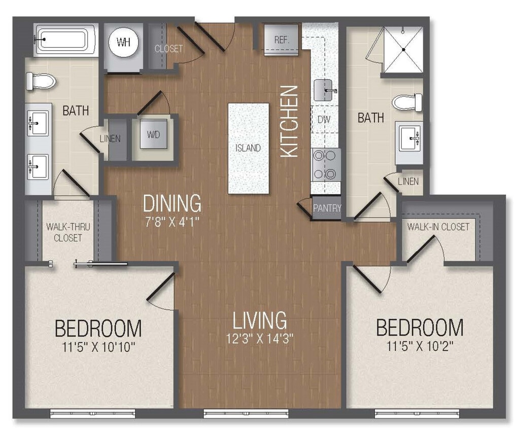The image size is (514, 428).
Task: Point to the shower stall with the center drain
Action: [403, 50]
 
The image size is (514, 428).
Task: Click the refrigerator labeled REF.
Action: [282, 40]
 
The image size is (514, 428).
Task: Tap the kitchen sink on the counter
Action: [325, 91]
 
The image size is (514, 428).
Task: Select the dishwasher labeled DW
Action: [324, 120]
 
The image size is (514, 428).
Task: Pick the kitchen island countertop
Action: [248, 148]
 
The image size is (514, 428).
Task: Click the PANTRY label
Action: [327, 208]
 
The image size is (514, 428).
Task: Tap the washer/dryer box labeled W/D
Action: [152, 135]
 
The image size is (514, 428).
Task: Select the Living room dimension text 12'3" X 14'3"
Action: [260, 339]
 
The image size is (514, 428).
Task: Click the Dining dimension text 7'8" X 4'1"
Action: [172, 221]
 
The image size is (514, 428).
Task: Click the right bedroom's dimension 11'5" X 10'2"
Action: [420, 346]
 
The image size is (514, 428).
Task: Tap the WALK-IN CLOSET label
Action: [438, 227]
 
